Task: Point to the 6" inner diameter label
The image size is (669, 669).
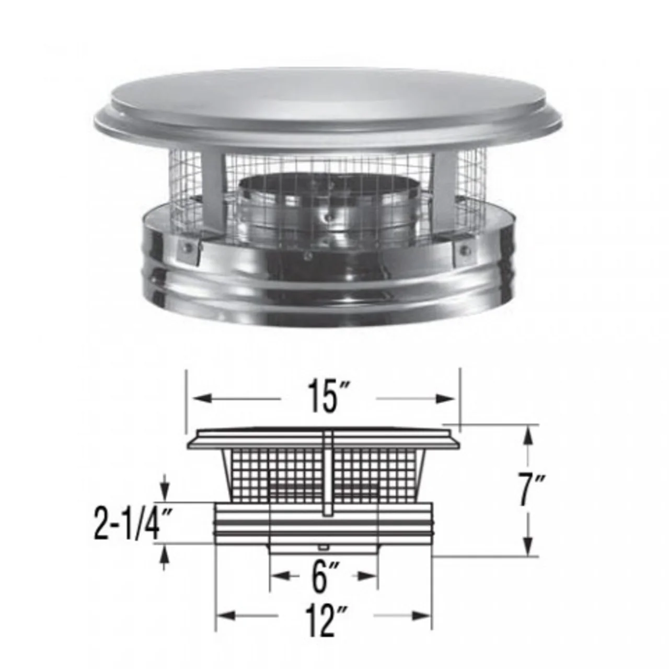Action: point(322,576)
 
